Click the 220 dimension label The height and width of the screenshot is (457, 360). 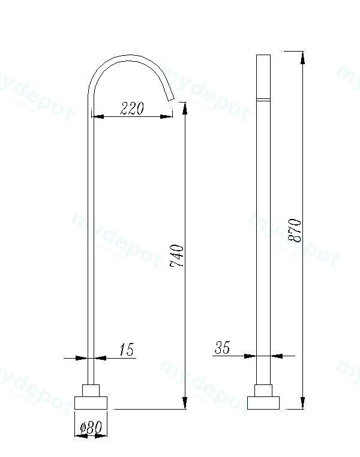132,108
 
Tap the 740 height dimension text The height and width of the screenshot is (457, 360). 177,256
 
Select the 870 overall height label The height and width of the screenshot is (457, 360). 295,230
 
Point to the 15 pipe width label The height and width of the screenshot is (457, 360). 127,349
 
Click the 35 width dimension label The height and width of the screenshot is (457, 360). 223,347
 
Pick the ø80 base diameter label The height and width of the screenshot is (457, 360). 91,427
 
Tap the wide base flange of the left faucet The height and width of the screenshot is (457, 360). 91,402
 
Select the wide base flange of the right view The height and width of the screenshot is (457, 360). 263,403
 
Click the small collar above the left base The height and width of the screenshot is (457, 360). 91,390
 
